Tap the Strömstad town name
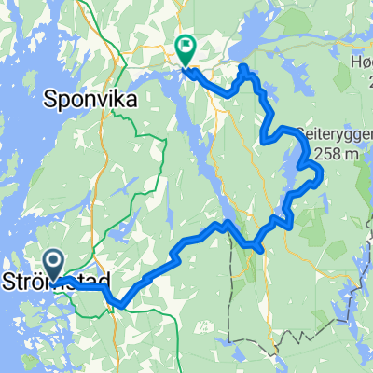[58, 280]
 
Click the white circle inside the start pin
[54, 262]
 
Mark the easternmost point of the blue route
[320, 172]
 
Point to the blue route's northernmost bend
[243, 67]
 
